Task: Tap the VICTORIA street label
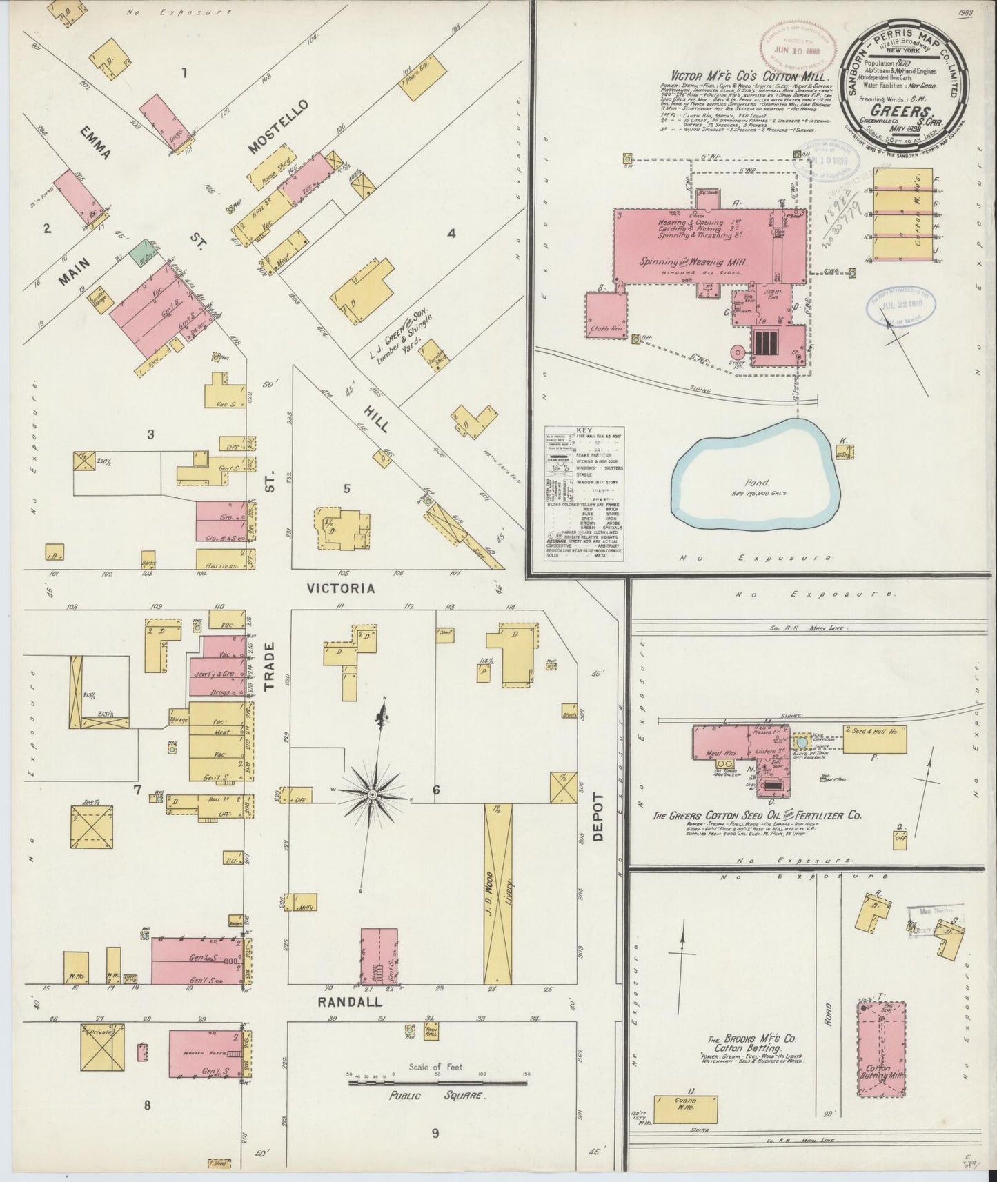(341, 588)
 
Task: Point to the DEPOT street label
(597, 817)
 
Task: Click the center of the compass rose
(373, 794)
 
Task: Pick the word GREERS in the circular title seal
(900, 110)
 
